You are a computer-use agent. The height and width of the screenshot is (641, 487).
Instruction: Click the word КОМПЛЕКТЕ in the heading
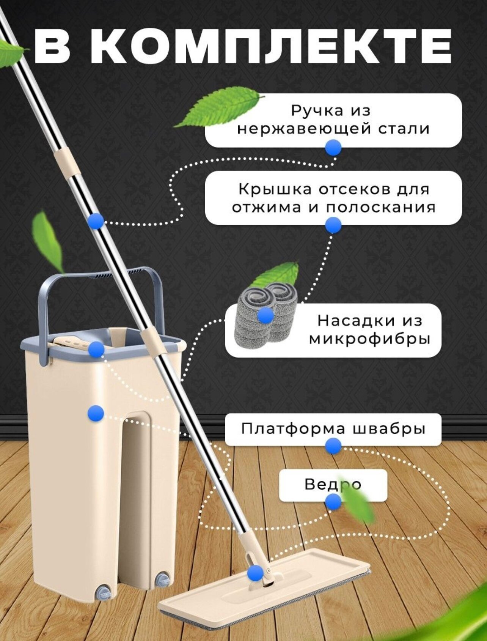click(271, 46)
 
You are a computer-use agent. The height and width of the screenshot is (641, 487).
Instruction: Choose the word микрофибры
click(369, 339)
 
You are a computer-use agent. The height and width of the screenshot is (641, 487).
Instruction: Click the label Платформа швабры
click(333, 428)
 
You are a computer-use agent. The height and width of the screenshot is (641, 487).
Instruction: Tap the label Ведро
click(333, 485)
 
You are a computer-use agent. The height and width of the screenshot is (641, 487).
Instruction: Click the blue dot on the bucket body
click(96, 413)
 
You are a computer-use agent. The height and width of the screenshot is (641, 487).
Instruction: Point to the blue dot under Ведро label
click(333, 502)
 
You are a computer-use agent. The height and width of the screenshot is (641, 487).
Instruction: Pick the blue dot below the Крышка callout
click(333, 225)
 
